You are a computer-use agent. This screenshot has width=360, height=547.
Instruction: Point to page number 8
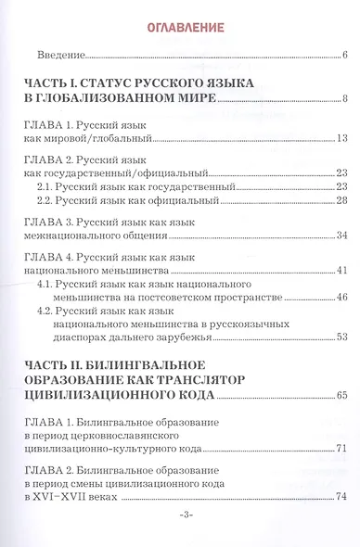pyautogui.click(x=343, y=99)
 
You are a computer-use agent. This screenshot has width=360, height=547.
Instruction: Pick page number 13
pyautogui.click(x=341, y=138)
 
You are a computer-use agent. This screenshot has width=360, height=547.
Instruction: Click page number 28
pyautogui.click(x=341, y=201)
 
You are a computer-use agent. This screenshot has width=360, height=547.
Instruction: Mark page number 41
pyautogui.click(x=341, y=270)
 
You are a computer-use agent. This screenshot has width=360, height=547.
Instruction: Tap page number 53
pyautogui.click(x=341, y=337)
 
